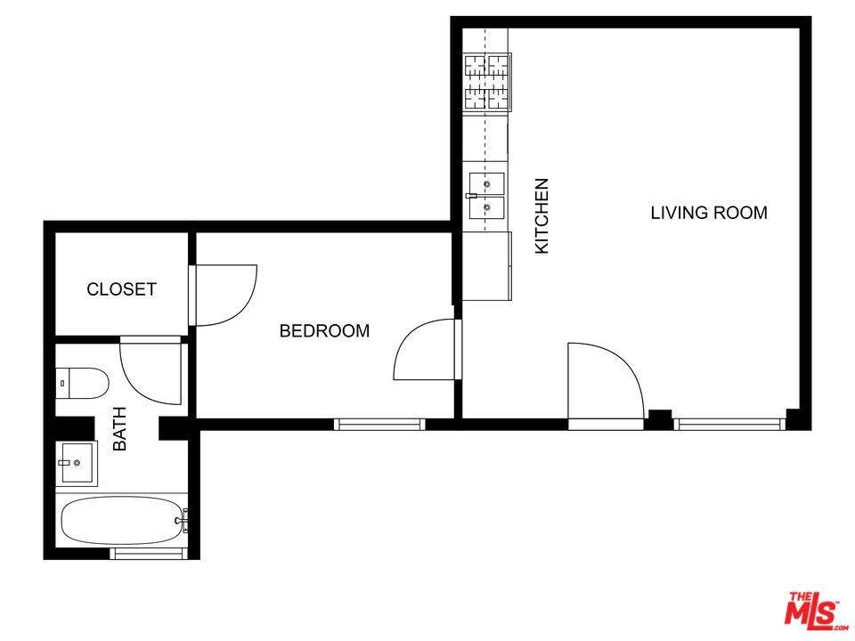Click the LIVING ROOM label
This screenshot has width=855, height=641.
coord(709,213)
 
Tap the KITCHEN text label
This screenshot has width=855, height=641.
coord(541,216)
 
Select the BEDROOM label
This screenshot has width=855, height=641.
coord(324,331)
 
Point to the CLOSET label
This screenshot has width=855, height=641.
coord(121,289)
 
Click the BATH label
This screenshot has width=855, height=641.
coord(119,428)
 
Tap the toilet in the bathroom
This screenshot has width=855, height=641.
coord(82,384)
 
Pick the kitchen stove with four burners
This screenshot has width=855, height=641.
coord(485,81)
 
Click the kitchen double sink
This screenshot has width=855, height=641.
coord(486,196)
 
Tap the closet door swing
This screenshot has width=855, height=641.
coord(225,295)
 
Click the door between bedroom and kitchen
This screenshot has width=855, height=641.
coord(426,349)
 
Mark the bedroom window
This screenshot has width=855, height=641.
coord(379,424)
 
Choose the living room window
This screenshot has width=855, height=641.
coord(729,424)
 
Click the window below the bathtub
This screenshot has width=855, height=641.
coord(148,554)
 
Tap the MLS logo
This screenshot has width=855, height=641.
coord(811,612)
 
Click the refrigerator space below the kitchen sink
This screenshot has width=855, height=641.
coord(487,265)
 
